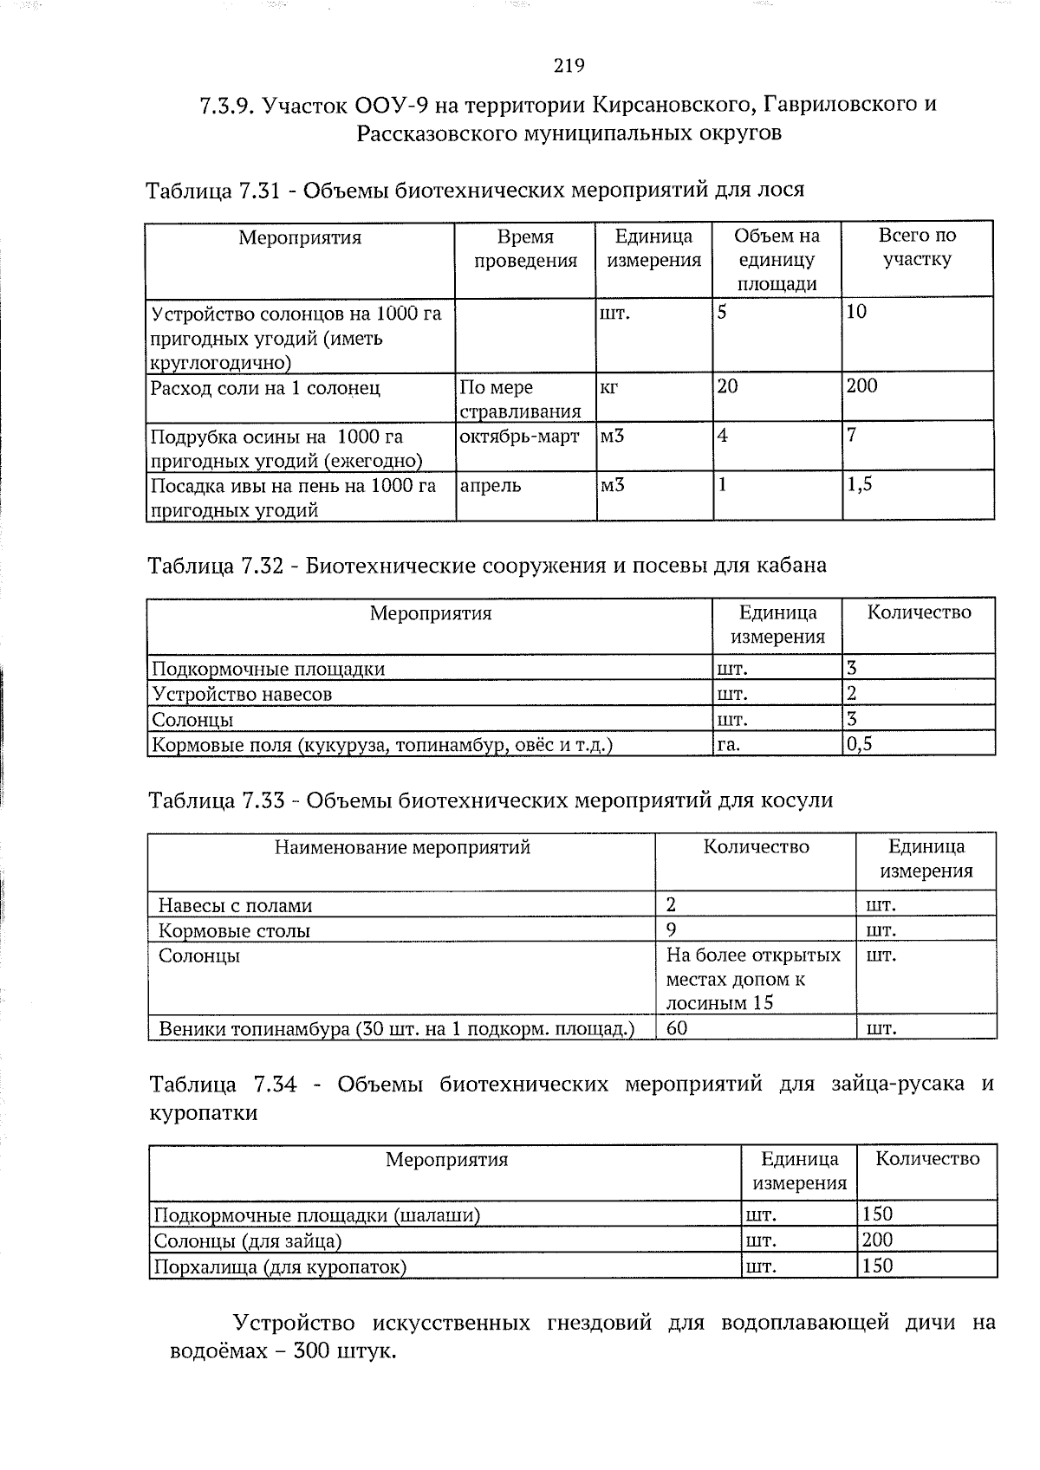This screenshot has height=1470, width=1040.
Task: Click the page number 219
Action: (569, 66)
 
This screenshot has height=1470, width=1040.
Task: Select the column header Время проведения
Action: (525, 249)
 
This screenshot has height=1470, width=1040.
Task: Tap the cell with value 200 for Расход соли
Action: (862, 386)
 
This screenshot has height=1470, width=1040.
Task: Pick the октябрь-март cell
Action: (518, 436)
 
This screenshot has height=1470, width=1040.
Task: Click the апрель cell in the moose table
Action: (491, 485)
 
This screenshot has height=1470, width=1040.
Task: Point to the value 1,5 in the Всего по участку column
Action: (860, 485)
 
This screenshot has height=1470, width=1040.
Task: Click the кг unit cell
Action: (608, 387)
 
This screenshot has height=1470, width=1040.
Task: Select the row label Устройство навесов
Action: (242, 694)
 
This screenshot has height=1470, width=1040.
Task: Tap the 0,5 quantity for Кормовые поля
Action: (859, 743)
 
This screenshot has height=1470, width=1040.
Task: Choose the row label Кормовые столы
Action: (234, 930)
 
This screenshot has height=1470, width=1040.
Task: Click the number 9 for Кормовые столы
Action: (671, 930)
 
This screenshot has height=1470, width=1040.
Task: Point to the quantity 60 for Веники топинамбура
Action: (677, 1028)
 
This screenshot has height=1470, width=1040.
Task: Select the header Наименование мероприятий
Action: (402, 847)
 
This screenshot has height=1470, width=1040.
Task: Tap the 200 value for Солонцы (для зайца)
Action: (877, 1240)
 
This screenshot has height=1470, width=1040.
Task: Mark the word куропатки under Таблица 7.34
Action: (204, 1113)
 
